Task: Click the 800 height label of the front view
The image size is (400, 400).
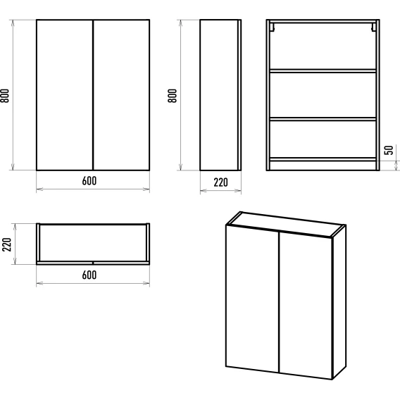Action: coord(5,96)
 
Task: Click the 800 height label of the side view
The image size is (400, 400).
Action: coord(173,96)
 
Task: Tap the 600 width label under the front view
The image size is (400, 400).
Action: coord(89,181)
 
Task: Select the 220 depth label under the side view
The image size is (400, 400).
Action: coord(220,182)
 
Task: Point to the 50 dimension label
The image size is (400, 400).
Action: coord(389,150)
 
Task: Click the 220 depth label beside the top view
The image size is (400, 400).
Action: coord(7,244)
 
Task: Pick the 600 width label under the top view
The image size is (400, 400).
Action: coord(89,275)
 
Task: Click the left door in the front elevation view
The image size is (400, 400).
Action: coord(65,95)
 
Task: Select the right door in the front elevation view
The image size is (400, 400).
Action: coord(121,95)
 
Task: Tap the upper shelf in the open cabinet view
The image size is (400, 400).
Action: coord(323,71)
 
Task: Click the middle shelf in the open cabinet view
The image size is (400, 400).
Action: coord(323,119)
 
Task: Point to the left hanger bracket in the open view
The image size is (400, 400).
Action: coord(273,27)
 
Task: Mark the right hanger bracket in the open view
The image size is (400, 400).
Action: coord(374,27)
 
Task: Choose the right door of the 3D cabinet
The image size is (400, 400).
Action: coord(306,306)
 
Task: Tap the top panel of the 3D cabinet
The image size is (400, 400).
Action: coord(286,225)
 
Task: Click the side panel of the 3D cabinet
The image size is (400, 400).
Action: coord(339,302)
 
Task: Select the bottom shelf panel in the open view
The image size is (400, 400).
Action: coord(323,159)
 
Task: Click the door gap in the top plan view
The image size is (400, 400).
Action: coord(93,263)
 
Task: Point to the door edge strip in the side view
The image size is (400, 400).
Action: coord(239,95)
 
